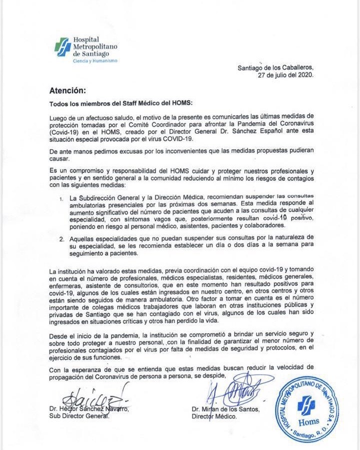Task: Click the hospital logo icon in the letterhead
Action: (x=63, y=48)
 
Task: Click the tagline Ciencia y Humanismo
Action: (x=95, y=60)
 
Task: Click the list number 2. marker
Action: (x=61, y=239)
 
